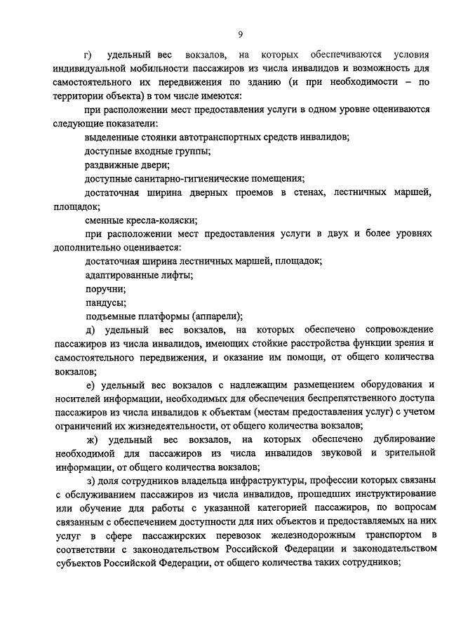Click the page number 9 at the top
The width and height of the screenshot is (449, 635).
click(240, 35)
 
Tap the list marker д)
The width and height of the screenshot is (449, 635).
click(90, 329)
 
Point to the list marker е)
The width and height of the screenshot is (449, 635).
click(90, 385)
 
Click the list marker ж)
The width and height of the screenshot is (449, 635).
click(91, 440)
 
